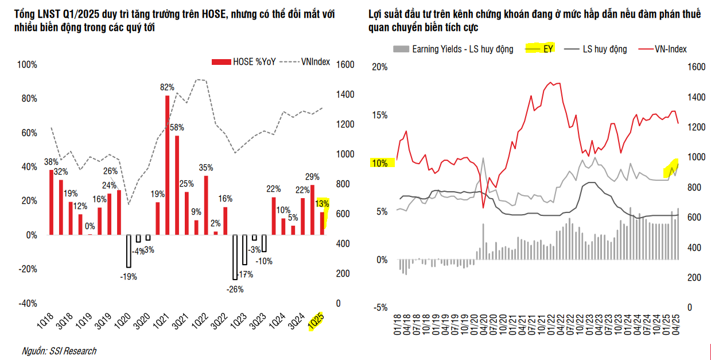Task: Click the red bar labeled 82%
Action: (167, 165)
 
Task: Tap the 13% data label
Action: (322, 203)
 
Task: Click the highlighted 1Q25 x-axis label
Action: (316, 321)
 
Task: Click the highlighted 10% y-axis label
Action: (380, 163)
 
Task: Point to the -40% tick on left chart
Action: (28, 303)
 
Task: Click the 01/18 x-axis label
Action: (397, 324)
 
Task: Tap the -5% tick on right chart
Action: (380, 307)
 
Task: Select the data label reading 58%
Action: (177, 127)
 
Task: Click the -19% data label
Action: (129, 277)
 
